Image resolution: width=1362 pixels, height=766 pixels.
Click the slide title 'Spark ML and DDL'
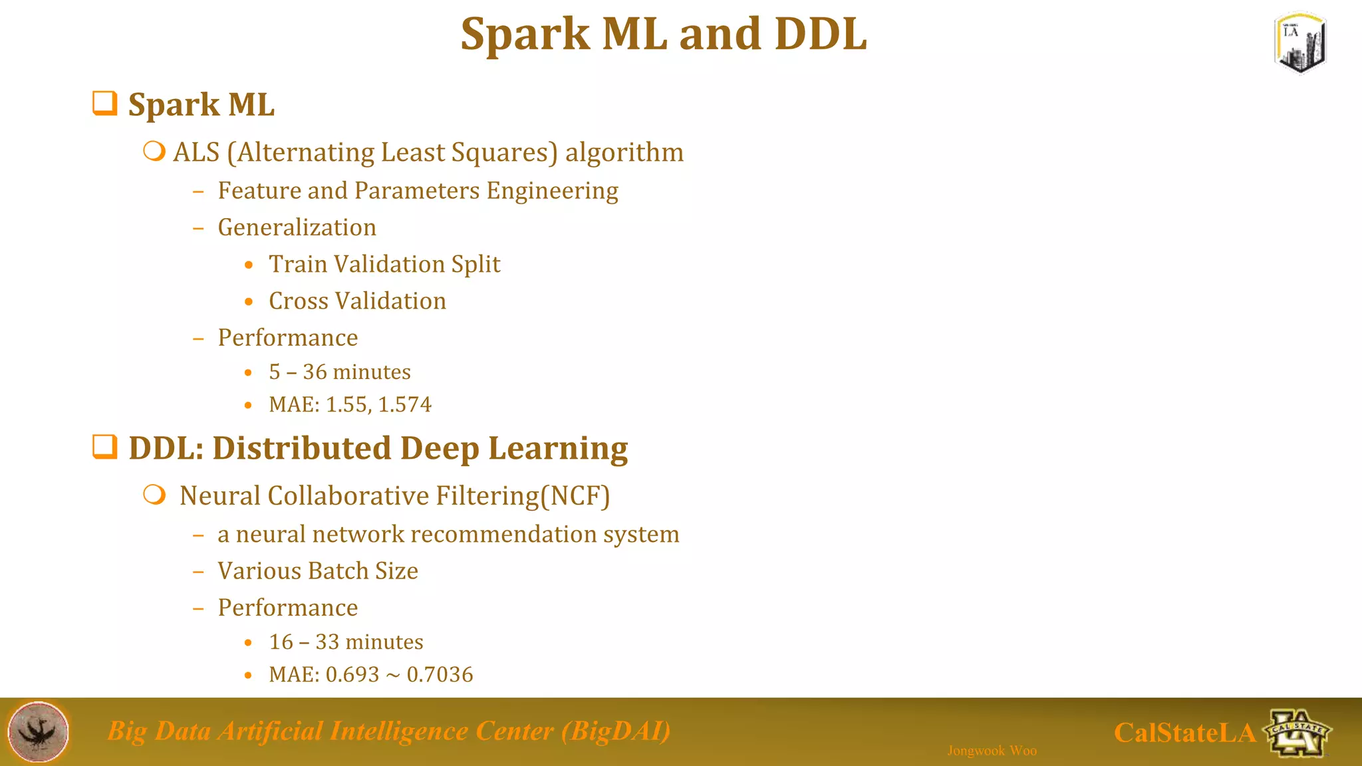[664, 34]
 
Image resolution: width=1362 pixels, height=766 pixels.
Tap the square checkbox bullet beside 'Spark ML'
[105, 103]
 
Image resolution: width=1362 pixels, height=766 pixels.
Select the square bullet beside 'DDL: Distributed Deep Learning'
[105, 447]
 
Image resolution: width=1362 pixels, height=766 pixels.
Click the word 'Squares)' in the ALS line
[504, 153]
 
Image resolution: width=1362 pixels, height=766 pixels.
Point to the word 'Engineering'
[552, 191]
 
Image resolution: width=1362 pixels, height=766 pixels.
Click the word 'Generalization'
[297, 227]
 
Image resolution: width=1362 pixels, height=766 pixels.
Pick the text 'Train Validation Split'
[384, 264]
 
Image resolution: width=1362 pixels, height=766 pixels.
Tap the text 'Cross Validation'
[357, 301]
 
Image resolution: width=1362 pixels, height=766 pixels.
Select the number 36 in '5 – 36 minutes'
[315, 372]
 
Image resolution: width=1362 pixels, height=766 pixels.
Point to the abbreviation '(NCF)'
[575, 496]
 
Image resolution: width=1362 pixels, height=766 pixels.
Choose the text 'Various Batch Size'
[318, 571]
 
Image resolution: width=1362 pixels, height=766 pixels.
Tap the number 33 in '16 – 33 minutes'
[327, 642]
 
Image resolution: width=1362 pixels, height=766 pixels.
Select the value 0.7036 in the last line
[440, 674]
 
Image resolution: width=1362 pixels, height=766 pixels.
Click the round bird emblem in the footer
[38, 731]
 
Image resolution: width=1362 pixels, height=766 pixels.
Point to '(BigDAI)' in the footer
[615, 731]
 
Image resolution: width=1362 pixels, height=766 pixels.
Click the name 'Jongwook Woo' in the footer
[992, 751]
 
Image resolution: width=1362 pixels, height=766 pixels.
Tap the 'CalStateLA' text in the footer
[1184, 733]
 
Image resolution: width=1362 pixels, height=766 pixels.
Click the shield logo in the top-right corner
[1300, 43]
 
